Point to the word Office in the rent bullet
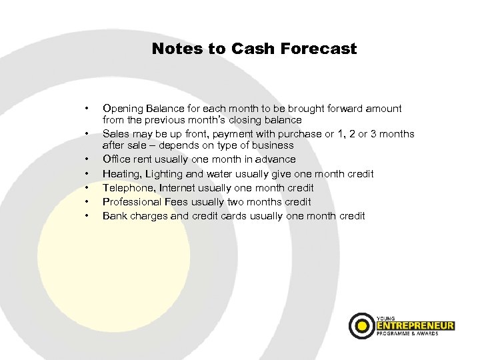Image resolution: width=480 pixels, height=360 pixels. pos(115,159)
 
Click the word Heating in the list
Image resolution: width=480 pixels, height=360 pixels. pos(120,173)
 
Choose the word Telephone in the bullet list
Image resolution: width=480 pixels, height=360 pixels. pos(126,187)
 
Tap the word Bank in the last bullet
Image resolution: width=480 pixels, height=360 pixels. pos(113,215)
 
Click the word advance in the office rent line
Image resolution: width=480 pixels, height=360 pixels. pos(276,159)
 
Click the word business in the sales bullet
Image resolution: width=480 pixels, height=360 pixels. pos(273,145)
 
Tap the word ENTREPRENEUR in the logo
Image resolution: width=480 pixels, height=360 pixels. pos(415,325)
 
